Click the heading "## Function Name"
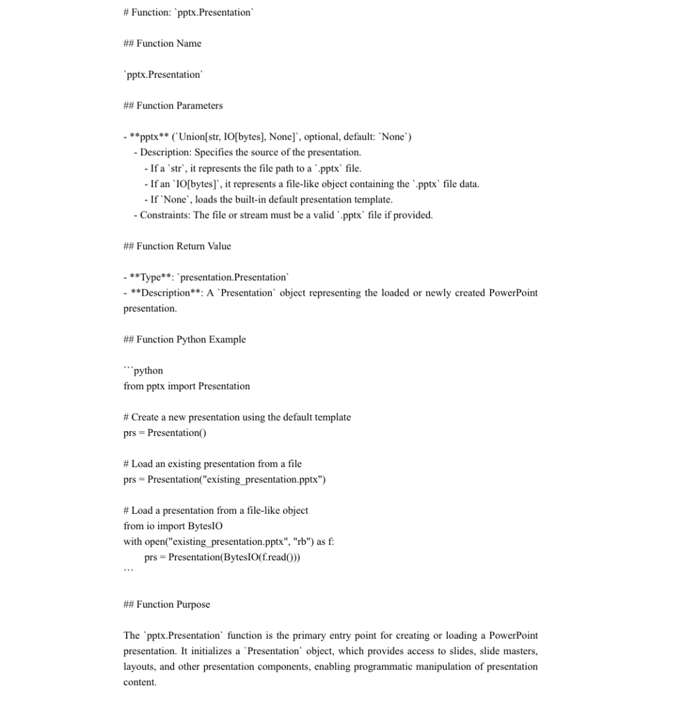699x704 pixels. (x=162, y=43)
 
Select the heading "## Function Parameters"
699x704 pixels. (x=173, y=105)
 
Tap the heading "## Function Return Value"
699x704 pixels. (x=177, y=246)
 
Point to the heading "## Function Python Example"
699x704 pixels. (x=184, y=339)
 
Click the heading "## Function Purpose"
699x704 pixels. (x=166, y=604)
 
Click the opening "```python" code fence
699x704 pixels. (x=143, y=370)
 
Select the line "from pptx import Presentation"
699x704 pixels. (x=186, y=386)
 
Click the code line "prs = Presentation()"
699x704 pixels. (x=165, y=433)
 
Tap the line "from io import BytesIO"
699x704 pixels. (x=173, y=526)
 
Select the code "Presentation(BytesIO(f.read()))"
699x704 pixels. (x=234, y=557)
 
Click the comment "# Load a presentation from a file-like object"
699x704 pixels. (x=216, y=511)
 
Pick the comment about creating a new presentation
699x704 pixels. (x=237, y=417)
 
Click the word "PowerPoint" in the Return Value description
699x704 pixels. (x=513, y=292)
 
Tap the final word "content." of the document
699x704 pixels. (x=140, y=682)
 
